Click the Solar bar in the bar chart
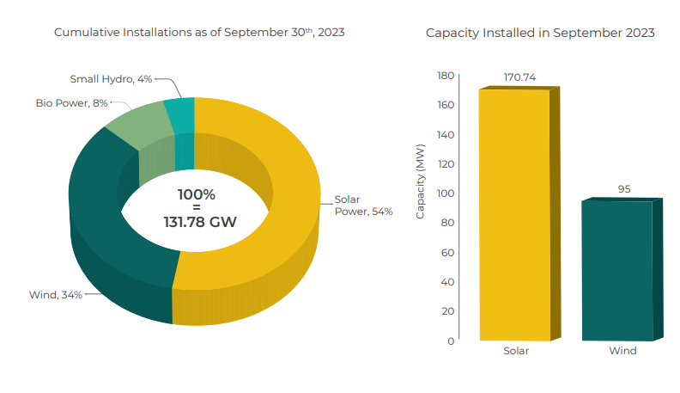tap(514, 215)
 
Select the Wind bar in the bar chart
tap(616, 270)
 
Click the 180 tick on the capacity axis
tap(445, 76)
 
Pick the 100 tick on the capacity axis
tap(445, 193)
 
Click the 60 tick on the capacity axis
tap(447, 252)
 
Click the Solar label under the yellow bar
tap(515, 351)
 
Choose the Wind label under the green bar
tap(622, 351)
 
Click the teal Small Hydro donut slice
tap(181, 113)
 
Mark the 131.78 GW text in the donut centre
tap(200, 222)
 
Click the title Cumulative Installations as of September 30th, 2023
tap(200, 33)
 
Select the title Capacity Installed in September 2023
tap(540, 33)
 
